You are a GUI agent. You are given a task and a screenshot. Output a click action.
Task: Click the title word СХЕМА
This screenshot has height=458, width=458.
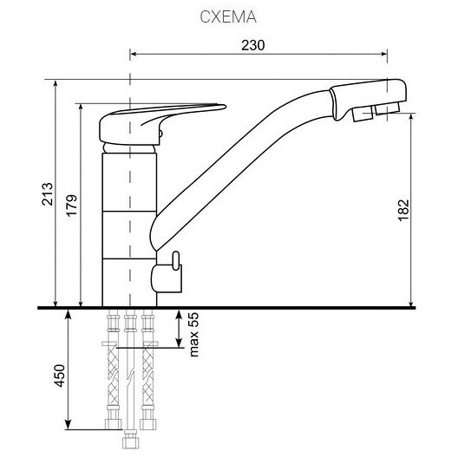[x=228, y=17]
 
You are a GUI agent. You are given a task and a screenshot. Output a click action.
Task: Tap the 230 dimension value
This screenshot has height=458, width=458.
[x=253, y=45]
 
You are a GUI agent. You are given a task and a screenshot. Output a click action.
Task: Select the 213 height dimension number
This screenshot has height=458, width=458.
[x=48, y=194]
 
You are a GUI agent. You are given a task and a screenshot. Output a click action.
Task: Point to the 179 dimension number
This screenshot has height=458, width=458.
[x=71, y=206]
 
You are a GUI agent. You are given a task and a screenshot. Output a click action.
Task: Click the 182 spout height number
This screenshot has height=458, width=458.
[x=403, y=210]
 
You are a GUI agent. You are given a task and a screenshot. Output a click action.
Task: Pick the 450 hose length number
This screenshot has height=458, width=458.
[x=60, y=376]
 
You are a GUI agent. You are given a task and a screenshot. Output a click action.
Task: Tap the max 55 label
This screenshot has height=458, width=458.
[x=194, y=335]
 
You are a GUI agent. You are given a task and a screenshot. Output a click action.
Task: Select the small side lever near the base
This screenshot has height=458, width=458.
[x=167, y=273]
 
